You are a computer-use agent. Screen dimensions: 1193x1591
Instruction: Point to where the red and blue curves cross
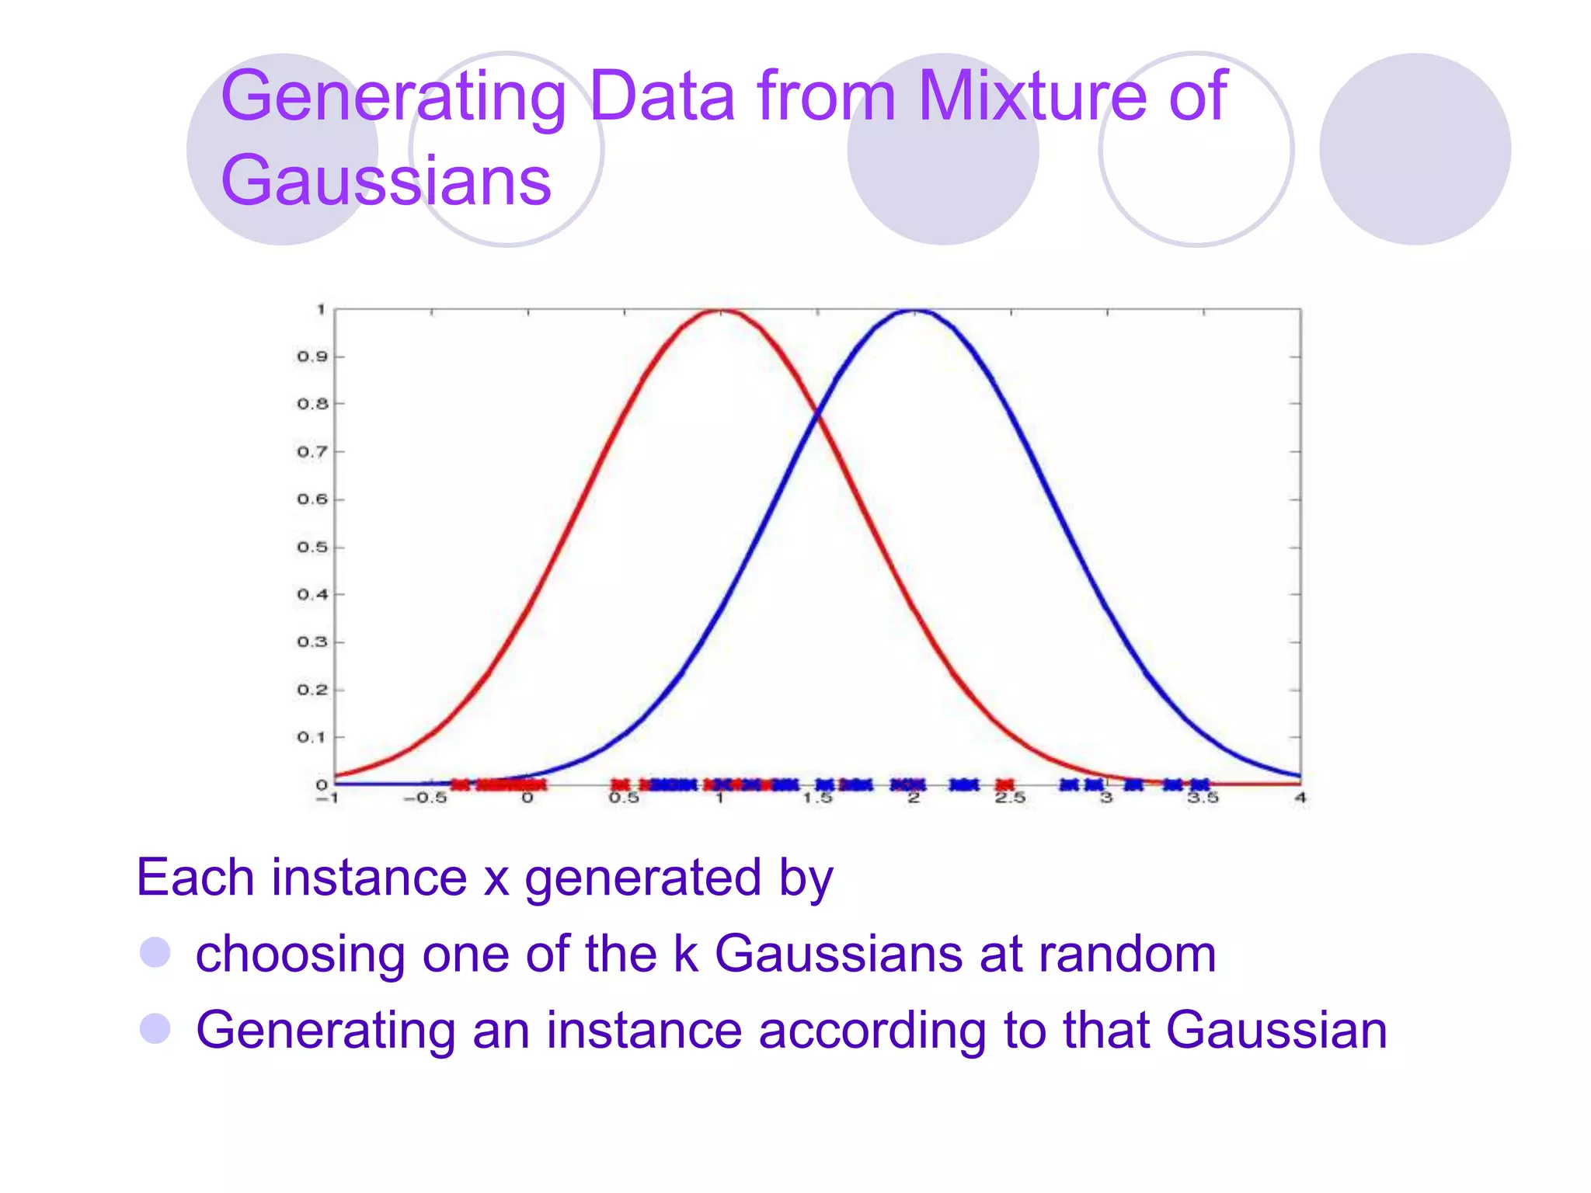(x=817, y=416)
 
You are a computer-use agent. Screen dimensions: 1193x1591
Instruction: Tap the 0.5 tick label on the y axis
(x=312, y=547)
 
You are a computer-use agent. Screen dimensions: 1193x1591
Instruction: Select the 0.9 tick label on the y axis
(x=312, y=357)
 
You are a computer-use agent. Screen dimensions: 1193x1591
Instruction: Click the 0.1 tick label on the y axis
(x=312, y=737)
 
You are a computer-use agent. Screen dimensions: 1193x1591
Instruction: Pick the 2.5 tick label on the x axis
(x=1010, y=798)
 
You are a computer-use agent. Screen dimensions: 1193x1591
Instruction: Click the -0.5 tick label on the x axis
(x=425, y=798)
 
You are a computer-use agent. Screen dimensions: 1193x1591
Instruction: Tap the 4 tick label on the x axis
(x=1300, y=798)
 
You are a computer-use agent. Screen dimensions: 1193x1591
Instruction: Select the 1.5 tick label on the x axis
(x=817, y=798)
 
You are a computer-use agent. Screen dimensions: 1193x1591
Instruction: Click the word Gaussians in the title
(x=386, y=180)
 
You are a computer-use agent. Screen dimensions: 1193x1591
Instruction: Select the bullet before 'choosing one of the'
(x=155, y=952)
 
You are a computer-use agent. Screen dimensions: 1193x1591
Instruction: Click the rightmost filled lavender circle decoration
(x=1415, y=149)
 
